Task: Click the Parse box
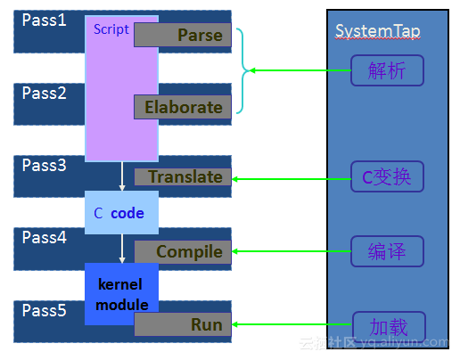point(183,35)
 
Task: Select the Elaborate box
point(183,107)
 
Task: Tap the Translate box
point(183,176)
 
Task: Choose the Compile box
point(183,251)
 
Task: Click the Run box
point(183,325)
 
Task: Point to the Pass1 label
point(44,19)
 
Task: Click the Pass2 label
point(44,93)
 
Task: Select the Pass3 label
point(44,165)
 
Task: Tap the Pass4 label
point(44,238)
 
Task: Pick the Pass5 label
point(44,311)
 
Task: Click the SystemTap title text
point(377,32)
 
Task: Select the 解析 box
point(387,70)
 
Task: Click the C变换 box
point(387,177)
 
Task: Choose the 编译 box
point(387,251)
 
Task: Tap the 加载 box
point(387,325)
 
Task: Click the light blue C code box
point(121,213)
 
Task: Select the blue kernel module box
point(121,294)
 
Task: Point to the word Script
point(111,29)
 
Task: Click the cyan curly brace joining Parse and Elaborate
point(243,70)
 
